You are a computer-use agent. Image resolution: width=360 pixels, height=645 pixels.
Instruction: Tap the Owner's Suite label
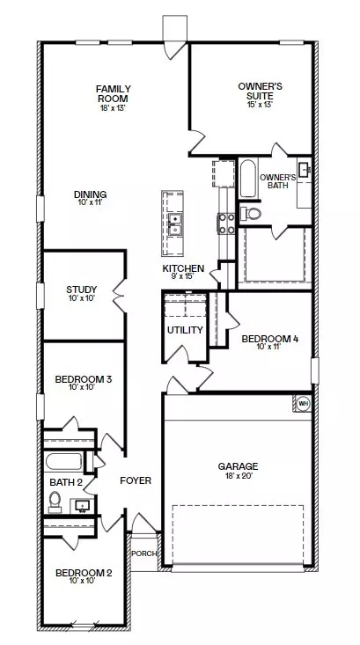click(x=260, y=92)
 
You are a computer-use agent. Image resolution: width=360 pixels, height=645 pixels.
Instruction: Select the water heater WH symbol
click(x=304, y=404)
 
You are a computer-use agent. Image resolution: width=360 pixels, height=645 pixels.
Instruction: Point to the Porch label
click(x=143, y=553)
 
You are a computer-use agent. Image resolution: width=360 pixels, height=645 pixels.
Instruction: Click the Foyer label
click(x=136, y=480)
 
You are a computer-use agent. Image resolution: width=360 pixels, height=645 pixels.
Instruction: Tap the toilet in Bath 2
click(x=55, y=501)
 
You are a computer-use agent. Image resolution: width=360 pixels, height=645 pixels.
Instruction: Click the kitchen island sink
click(x=175, y=224)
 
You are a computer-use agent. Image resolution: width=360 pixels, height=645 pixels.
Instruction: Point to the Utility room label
click(x=185, y=331)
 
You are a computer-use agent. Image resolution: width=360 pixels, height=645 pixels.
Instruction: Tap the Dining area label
click(x=91, y=194)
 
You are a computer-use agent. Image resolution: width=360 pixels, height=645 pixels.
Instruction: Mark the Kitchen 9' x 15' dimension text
click(x=183, y=276)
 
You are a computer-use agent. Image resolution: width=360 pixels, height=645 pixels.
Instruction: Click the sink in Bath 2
click(x=84, y=504)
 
